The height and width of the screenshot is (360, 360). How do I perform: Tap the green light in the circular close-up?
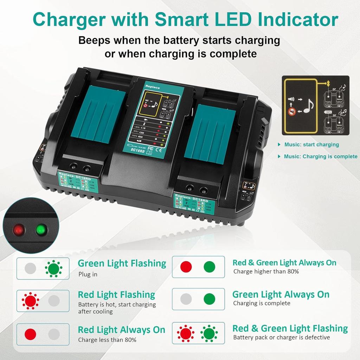pos(41,230)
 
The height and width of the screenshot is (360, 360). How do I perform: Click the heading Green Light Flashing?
pos(122,263)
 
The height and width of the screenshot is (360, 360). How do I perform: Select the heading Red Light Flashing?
pos(116,295)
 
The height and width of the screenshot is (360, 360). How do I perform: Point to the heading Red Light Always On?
pos(121,330)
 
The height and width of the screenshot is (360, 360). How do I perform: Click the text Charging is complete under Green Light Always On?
pos(262,303)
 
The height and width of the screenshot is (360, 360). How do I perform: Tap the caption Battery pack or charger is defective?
pos(282,337)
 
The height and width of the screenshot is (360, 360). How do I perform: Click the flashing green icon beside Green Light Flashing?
pos(53,269)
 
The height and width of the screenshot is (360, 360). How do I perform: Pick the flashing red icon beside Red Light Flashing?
pos(30,301)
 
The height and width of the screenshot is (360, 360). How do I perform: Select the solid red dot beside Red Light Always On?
pos(30,334)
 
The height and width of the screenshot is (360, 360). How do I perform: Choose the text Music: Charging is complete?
pos(321,156)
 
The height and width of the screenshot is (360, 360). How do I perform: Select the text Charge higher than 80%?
pos(266,271)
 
